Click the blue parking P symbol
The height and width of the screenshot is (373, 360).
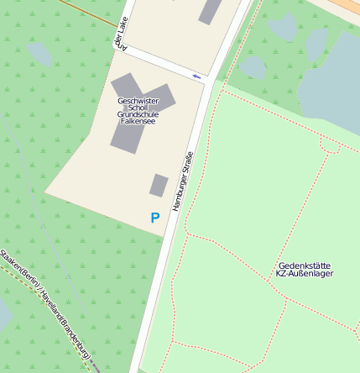click(x=154, y=218)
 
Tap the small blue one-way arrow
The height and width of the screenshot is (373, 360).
click(x=197, y=77)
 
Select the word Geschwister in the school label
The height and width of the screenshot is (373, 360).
click(x=138, y=101)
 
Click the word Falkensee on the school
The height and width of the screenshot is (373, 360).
click(x=138, y=121)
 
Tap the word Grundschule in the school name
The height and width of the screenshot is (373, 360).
click(x=138, y=114)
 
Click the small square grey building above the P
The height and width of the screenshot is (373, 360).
click(x=159, y=185)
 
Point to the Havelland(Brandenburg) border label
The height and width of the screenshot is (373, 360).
click(x=64, y=323)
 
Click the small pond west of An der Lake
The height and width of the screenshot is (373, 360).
click(x=39, y=53)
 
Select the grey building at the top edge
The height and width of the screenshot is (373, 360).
click(x=211, y=10)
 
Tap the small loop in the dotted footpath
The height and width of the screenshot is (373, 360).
click(x=330, y=145)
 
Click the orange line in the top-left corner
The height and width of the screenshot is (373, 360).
click(x=88, y=12)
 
